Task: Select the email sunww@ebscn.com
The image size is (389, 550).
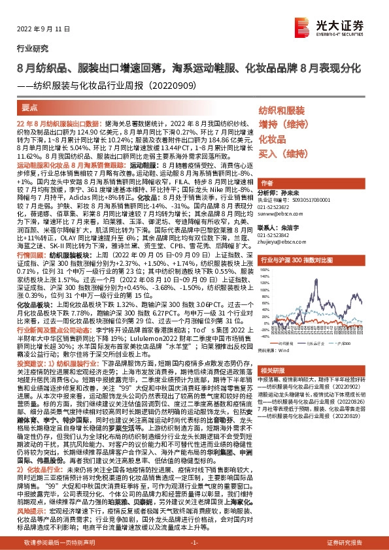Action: tap(279, 213)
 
